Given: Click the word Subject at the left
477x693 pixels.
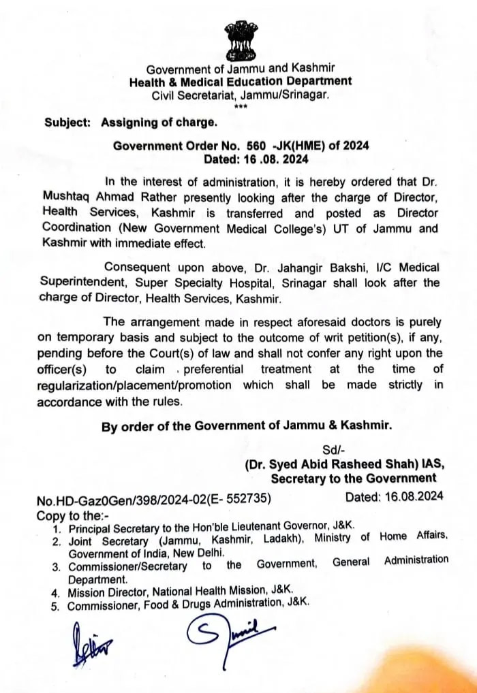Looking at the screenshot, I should (67, 123).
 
